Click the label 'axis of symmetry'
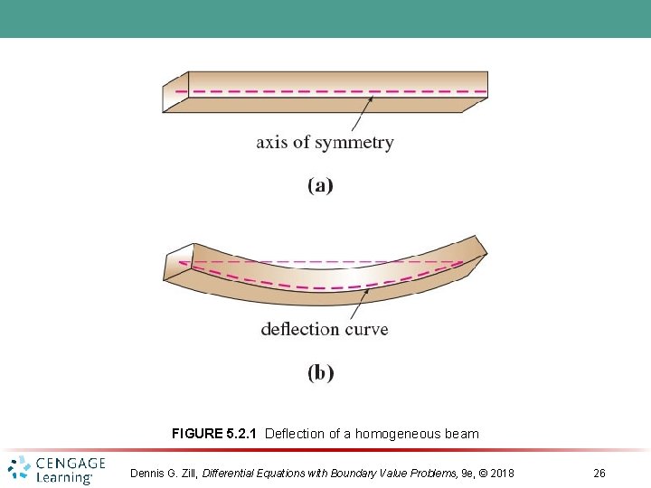pos(325,142)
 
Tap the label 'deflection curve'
pos(325,328)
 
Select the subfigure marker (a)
pos(320,185)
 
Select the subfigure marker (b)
pos(320,371)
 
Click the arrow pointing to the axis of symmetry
pos(359,114)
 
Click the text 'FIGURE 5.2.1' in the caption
pos(214,434)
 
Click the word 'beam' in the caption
pos(463,434)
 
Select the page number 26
pos(599,474)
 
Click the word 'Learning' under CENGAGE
pos(65,478)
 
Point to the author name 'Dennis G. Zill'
pos(164,474)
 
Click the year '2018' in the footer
pos(500,474)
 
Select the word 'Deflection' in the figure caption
pos(295,434)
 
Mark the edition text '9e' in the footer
pos(467,474)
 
